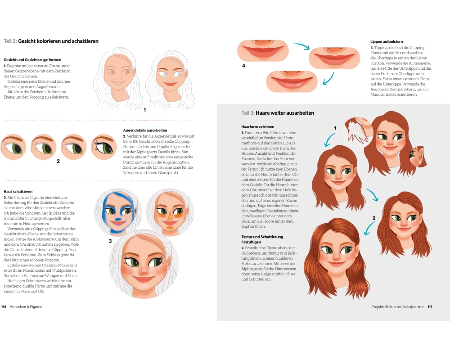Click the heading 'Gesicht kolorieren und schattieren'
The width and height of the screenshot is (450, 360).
[x=58, y=41]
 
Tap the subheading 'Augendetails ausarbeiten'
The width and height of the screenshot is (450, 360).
[x=145, y=130]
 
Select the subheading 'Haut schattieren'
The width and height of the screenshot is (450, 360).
[x=18, y=192]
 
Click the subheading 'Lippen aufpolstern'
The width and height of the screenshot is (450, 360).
[x=387, y=42]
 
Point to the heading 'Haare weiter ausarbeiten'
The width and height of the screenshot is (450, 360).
[x=285, y=113]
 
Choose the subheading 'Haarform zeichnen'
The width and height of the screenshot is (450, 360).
[x=258, y=126]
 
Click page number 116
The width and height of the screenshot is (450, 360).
[x=4, y=306]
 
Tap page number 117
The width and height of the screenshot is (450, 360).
[x=430, y=306]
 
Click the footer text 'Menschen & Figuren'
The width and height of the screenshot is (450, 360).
[x=26, y=306]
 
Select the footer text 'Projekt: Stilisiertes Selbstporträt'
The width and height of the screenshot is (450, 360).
[x=397, y=306]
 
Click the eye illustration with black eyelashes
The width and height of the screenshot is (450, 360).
[x=104, y=147]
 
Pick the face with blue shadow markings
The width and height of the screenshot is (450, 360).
[x=117, y=212]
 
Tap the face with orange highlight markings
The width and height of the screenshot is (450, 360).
[x=170, y=211]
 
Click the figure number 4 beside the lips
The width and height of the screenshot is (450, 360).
[x=243, y=65]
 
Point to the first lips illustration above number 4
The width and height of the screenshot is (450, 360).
[x=263, y=51]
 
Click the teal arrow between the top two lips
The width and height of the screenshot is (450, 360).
[x=302, y=46]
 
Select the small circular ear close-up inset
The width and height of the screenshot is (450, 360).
[x=419, y=156]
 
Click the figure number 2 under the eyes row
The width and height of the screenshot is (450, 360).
[x=58, y=161]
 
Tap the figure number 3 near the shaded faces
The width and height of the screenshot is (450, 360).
[x=110, y=241]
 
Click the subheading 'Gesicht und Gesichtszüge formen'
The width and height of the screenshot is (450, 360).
[x=32, y=60]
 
